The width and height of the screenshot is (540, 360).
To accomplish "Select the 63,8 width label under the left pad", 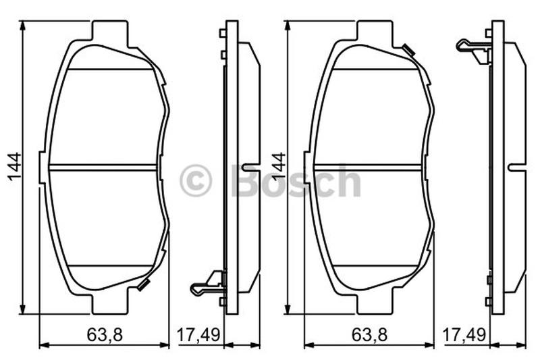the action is (x=105, y=335).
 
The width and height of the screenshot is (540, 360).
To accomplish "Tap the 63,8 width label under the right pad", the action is (x=369, y=335).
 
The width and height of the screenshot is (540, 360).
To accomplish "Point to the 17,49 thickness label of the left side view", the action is (x=198, y=335).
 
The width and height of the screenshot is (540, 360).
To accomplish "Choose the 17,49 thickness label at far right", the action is (x=464, y=335).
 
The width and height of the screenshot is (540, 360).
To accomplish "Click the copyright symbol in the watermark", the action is (x=195, y=180).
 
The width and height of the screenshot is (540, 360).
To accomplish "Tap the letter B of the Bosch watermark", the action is (x=247, y=180).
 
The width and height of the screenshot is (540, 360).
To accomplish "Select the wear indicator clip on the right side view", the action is (x=474, y=51).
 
